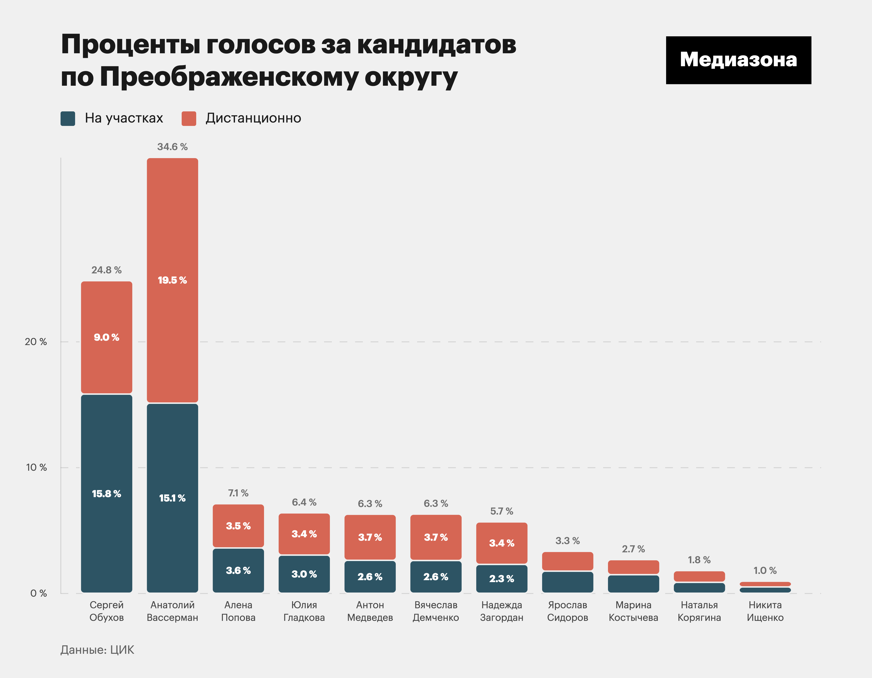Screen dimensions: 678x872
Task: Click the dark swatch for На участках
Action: click(68, 118)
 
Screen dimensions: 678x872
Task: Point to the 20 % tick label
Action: click(36, 342)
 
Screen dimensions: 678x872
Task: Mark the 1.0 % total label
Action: click(765, 571)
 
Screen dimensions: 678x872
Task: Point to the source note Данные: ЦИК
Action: click(97, 650)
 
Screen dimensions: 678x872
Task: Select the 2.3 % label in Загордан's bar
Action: click(501, 579)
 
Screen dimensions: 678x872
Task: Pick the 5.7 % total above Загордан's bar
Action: click(501, 511)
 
